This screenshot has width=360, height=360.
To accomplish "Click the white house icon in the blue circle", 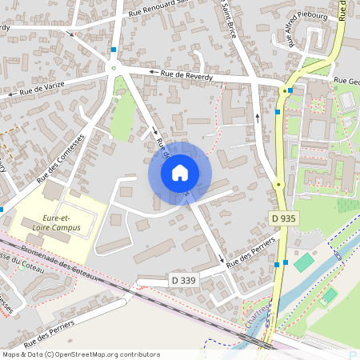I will point(180,172).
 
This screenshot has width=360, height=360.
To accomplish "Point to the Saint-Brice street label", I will point(228,14).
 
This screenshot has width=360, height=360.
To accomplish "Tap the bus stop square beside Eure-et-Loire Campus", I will point(3,209).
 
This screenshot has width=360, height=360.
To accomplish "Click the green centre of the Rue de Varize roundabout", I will point(114,68).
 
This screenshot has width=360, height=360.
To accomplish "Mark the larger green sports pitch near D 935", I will point(304,262).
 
